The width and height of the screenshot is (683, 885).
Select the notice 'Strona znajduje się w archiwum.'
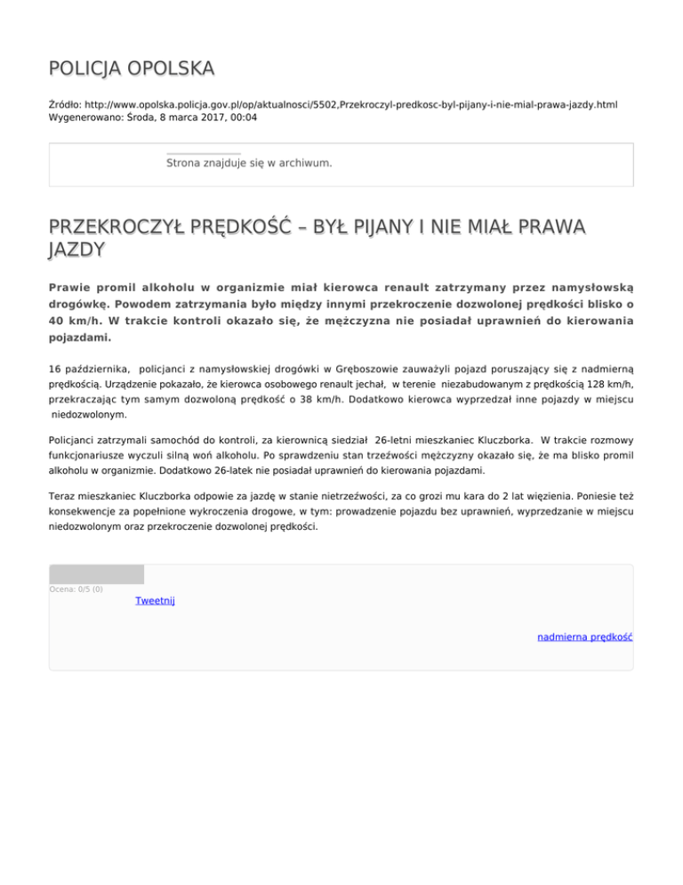(x=249, y=164)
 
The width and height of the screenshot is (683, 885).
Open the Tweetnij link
(x=155, y=601)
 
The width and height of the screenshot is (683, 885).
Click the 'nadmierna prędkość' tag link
(x=584, y=637)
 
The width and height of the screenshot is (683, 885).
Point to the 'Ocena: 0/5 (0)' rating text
(x=76, y=589)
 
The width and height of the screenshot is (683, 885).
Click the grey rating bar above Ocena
(x=96, y=574)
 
